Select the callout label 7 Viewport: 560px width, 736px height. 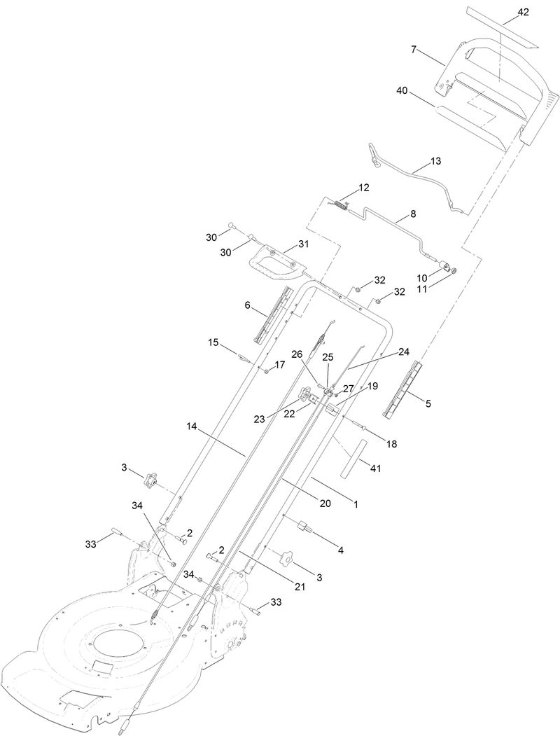[414, 49]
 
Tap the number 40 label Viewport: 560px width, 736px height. [402, 90]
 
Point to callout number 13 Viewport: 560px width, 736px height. [435, 161]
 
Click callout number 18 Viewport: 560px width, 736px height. [391, 445]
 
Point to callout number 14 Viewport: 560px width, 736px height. [192, 425]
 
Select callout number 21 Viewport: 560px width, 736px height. [300, 586]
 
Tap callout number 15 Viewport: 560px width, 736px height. [213, 342]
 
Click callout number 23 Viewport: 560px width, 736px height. [259, 419]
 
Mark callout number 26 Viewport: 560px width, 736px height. [297, 355]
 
